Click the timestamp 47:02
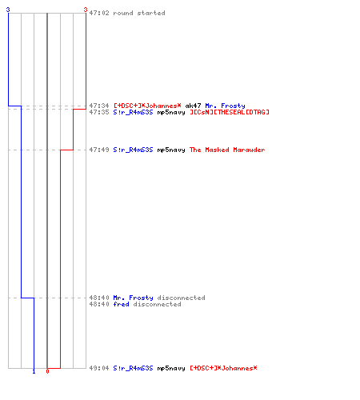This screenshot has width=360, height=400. tap(99, 13)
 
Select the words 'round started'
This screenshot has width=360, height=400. tap(139, 13)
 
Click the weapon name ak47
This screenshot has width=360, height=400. tap(193, 106)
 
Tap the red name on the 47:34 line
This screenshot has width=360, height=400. tap(147, 106)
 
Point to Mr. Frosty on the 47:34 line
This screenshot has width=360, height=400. tap(225, 106)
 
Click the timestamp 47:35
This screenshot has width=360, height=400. tap(99, 112)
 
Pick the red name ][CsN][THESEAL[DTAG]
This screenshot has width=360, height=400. tap(230, 112)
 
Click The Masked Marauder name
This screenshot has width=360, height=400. tap(227, 150)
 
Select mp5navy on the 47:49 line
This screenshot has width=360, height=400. tap(171, 150)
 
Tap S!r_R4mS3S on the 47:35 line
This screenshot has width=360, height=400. tap(133, 112)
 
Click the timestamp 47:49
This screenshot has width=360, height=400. tap(99, 150)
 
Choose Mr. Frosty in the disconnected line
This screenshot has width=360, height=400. tap(133, 298)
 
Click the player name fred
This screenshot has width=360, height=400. tap(121, 304)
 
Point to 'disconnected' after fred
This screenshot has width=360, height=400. tap(158, 304)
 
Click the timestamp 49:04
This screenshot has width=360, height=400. tap(99, 368)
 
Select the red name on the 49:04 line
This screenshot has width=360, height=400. tap(223, 368)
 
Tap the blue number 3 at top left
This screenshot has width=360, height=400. tap(8, 10)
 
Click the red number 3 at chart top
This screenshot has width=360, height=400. tap(86, 10)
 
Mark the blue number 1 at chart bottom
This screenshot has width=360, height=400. tap(34, 371)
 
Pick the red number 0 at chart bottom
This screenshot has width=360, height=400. tap(47, 371)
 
